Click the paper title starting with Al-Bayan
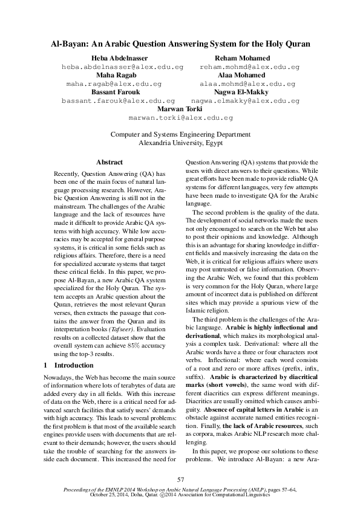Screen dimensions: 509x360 pos(180,44)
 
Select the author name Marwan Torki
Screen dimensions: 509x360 pos(180,109)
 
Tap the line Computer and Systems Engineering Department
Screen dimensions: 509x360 pos(180,135)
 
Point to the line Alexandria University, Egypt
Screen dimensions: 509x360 pos(180,144)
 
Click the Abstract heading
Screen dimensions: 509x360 pos(110,162)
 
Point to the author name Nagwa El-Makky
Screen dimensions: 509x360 pos(245,92)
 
